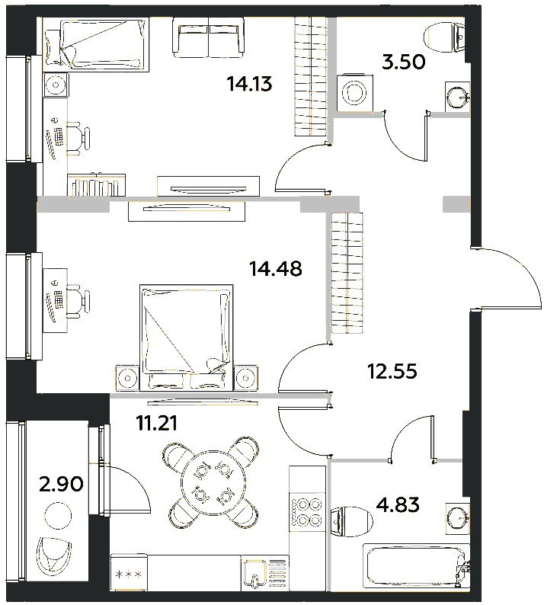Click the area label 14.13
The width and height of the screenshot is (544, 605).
pyautogui.click(x=250, y=84)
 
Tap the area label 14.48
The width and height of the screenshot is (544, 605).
pyautogui.click(x=276, y=268)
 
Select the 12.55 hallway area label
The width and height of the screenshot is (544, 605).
pyautogui.click(x=392, y=372)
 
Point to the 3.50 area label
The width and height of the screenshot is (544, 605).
pyautogui.click(x=404, y=62)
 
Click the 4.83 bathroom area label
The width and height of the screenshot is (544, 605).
pyautogui.click(x=398, y=504)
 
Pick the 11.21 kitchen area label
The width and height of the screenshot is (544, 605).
pyautogui.click(x=157, y=423)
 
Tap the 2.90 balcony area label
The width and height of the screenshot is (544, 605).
pyautogui.click(x=62, y=484)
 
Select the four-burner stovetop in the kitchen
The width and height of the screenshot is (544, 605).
pyautogui.click(x=309, y=511)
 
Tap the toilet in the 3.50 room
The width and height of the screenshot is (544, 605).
pyautogui.click(x=444, y=37)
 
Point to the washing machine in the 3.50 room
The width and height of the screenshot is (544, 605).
pyautogui.click(x=355, y=93)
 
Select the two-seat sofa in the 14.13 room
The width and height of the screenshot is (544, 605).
pyautogui.click(x=209, y=37)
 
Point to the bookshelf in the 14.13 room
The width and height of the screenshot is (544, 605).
pyautogui.click(x=97, y=184)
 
